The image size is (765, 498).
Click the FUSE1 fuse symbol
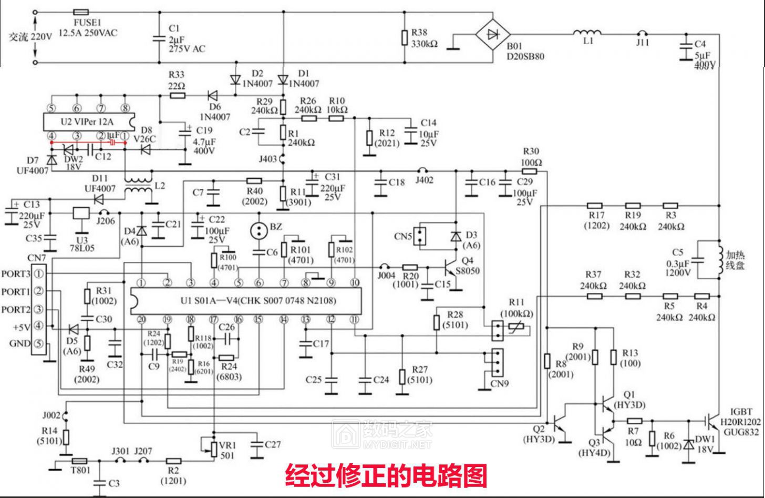click(x=81, y=12)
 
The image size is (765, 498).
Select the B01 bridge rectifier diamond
click(x=493, y=35)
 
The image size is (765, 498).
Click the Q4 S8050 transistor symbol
click(x=449, y=268)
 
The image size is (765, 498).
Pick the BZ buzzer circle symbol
click(x=259, y=230)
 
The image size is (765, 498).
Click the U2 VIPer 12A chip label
click(x=86, y=121)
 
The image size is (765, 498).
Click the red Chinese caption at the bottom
click(x=386, y=475)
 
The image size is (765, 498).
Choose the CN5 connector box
click(x=420, y=236)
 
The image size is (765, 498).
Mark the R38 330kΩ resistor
click(x=404, y=38)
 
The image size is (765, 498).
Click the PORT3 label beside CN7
click(x=16, y=274)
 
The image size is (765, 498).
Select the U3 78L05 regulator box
click(x=81, y=213)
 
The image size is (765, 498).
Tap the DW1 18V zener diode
click(x=688, y=445)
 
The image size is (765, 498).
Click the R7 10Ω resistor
click(x=634, y=421)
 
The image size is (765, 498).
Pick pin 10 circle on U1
click(x=355, y=283)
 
